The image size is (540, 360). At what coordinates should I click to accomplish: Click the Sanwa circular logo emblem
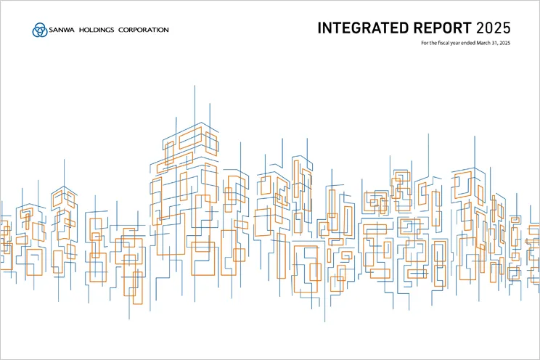click(38, 30)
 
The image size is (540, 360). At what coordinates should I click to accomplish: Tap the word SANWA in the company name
click(61, 30)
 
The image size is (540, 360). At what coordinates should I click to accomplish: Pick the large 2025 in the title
click(494, 29)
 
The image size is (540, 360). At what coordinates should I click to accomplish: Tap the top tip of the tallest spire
click(195, 85)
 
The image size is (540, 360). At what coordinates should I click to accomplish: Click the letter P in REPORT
click(430, 29)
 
